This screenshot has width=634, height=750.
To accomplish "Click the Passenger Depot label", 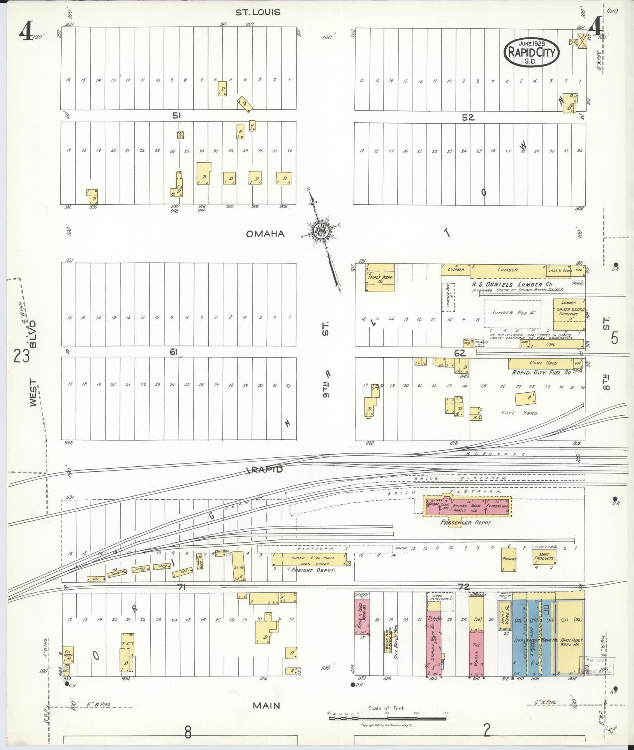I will coord(466,522).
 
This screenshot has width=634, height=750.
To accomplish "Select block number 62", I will coord(460,353).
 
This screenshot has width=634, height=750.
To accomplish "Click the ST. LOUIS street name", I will coord(258,12).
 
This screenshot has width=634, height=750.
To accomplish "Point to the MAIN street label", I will coord(266,705).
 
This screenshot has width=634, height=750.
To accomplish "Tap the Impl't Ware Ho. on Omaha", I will coord(380,277).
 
